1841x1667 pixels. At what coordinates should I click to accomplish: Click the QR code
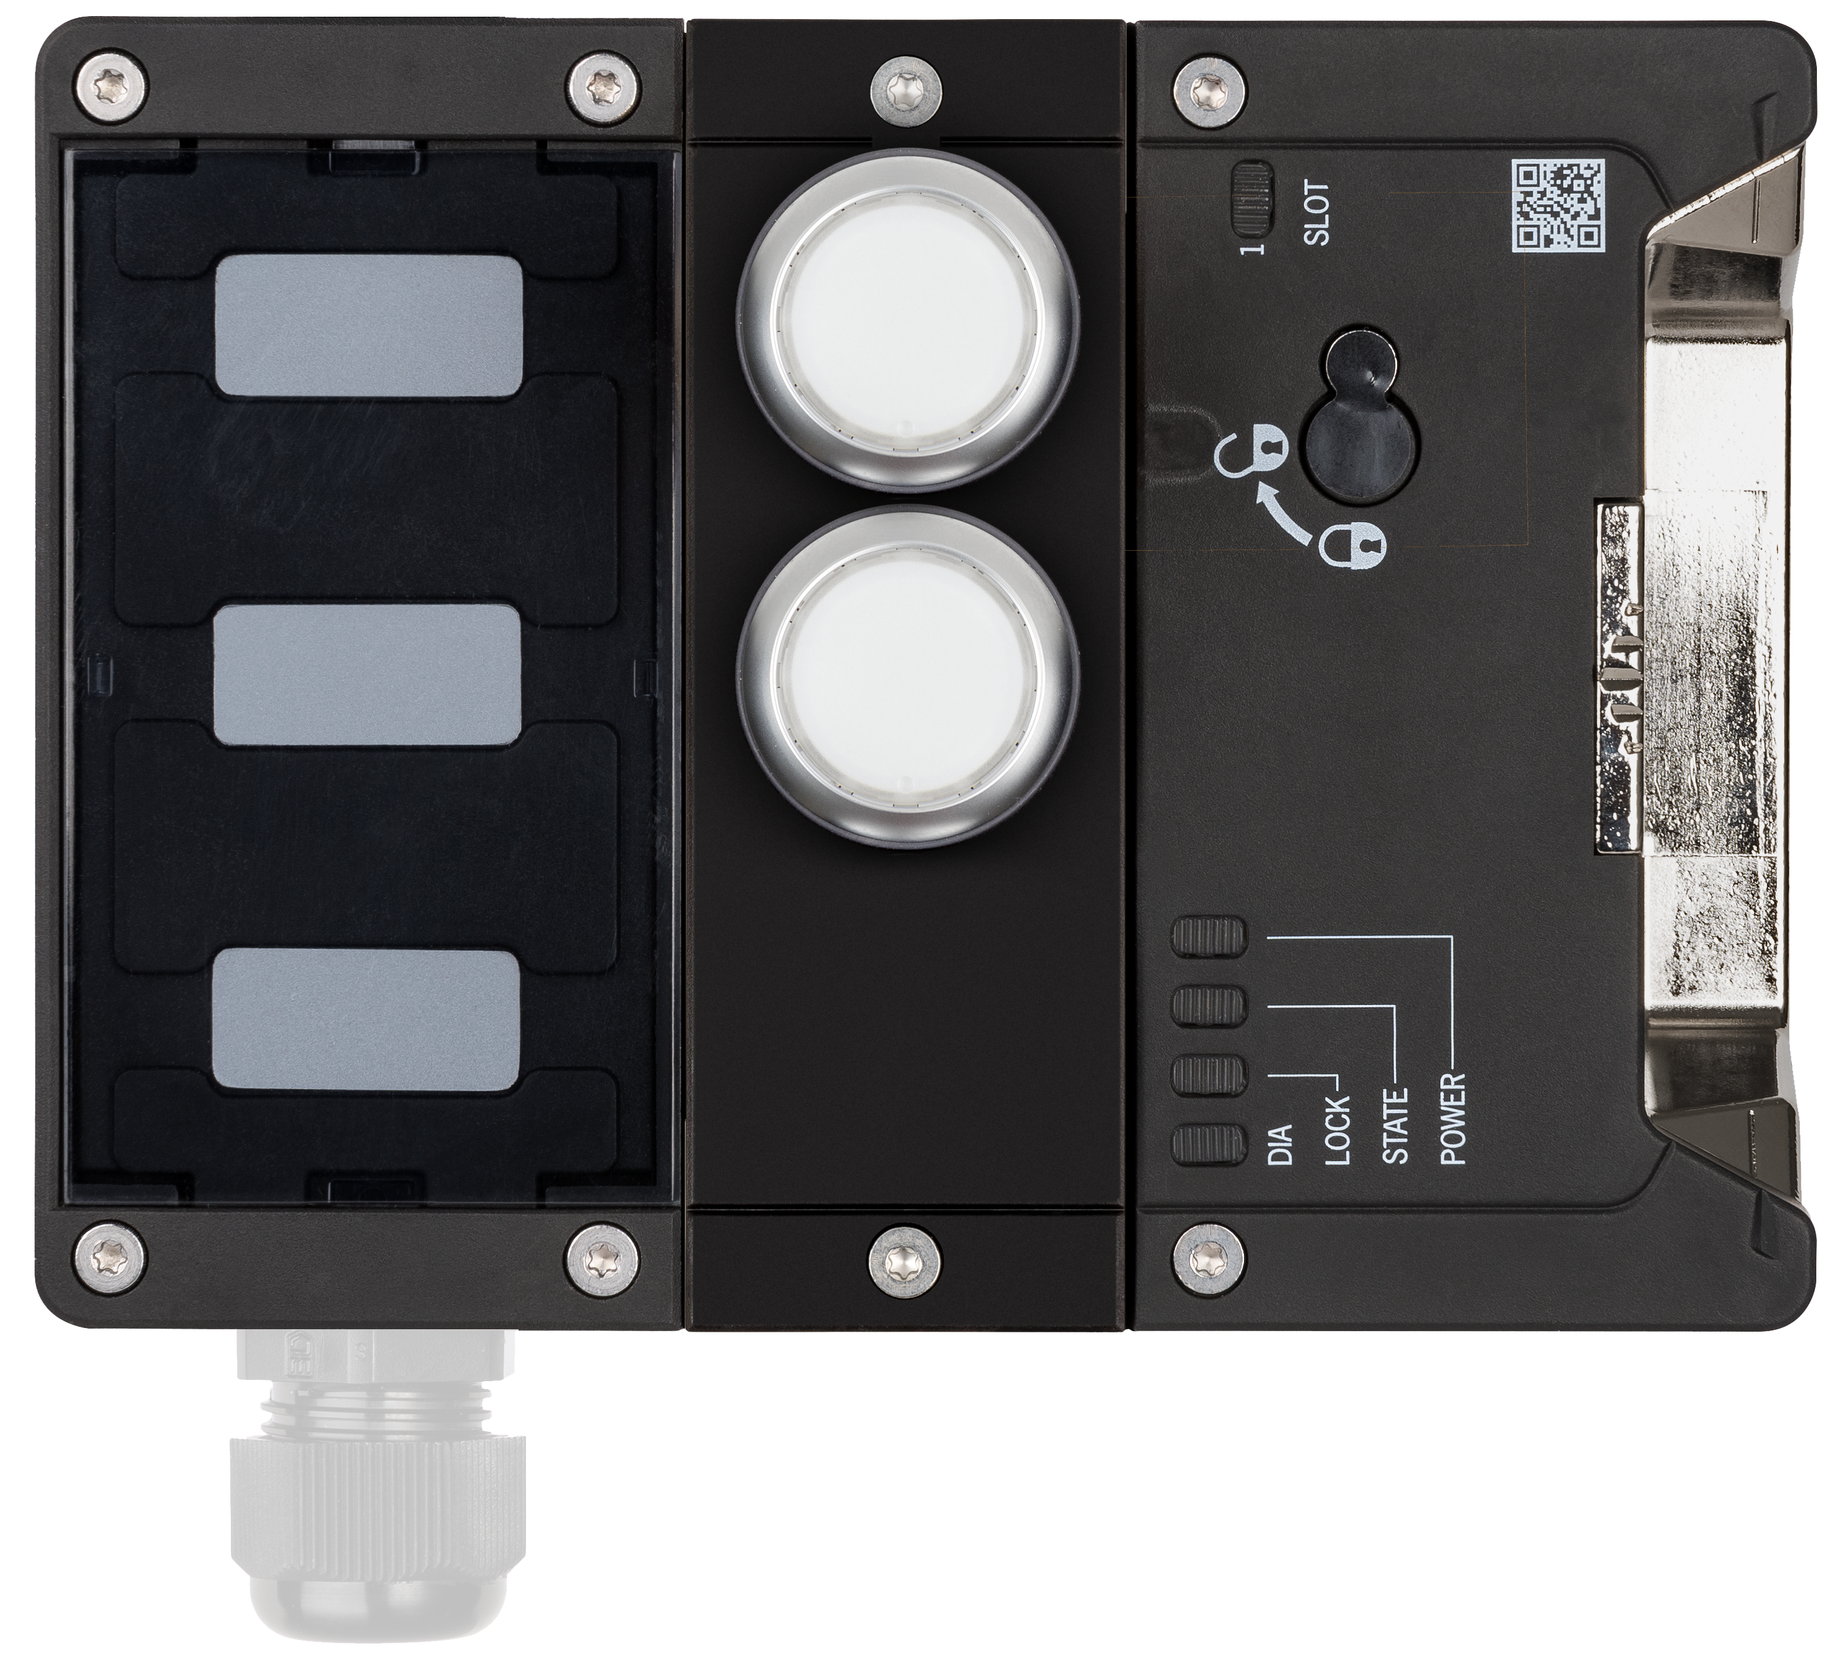(x=1558, y=206)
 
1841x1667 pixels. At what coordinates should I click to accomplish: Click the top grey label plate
(x=368, y=326)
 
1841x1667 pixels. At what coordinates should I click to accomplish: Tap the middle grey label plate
(x=368, y=677)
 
